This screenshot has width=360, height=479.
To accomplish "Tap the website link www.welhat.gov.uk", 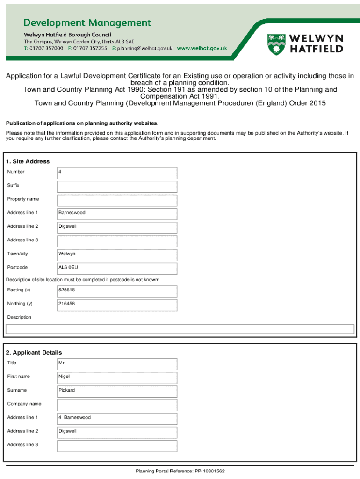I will pyautogui.click(x=202, y=48).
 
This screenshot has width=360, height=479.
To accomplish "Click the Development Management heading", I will pyautogui.click(x=87, y=23).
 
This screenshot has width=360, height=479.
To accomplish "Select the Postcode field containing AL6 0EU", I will pyautogui.click(x=117, y=268).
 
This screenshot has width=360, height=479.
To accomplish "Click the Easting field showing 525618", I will pyautogui.click(x=117, y=291).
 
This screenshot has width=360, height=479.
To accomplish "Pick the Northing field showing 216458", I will pyautogui.click(x=117, y=305).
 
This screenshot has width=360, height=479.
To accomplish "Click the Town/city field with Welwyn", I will pyautogui.click(x=117, y=254).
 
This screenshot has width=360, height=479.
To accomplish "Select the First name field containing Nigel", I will pyautogui.click(x=117, y=377).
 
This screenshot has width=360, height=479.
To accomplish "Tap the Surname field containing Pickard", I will pyautogui.click(x=117, y=391).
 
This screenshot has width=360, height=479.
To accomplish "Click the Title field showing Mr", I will pyautogui.click(x=117, y=363).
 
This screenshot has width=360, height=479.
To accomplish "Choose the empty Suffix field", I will pyautogui.click(x=117, y=186).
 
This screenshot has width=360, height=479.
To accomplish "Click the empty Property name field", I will pyautogui.click(x=117, y=200).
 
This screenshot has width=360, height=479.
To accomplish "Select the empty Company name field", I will pyautogui.click(x=117, y=404).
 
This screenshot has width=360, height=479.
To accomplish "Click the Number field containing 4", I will pyautogui.click(x=117, y=173).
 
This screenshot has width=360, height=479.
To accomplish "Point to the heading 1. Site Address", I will pyautogui.click(x=28, y=161).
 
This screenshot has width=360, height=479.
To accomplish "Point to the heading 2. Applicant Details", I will pyautogui.click(x=34, y=352).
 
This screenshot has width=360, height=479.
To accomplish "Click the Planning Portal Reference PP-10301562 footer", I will pyautogui.click(x=180, y=471).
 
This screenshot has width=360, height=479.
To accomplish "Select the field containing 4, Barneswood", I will pyautogui.click(x=117, y=418).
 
